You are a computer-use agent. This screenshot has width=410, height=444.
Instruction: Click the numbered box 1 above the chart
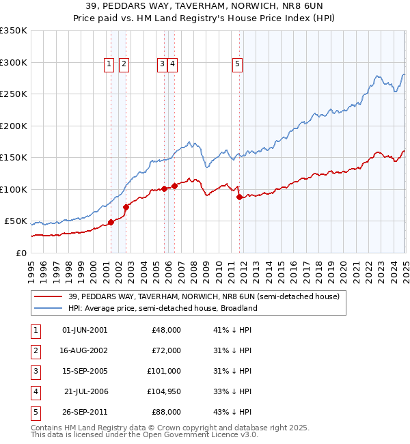pos(109,64)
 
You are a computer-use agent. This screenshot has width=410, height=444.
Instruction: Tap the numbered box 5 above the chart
pos(237,64)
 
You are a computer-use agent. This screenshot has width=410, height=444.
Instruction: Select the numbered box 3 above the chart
pos(162,64)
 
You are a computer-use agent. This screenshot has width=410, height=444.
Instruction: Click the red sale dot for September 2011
pos(239,197)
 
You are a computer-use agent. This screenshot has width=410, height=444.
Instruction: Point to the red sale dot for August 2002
pos(126,207)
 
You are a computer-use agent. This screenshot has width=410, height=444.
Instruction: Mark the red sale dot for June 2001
pos(111,223)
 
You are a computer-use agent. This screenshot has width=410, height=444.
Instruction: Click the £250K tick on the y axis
pos(14,94)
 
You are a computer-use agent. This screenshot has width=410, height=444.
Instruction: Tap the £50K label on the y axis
pos(16,221)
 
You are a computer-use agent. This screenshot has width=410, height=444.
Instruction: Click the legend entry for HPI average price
pos(162,308)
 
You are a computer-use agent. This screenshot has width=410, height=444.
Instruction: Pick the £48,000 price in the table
pos(166,330)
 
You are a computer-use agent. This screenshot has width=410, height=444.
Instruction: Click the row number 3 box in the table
pos(34,371)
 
